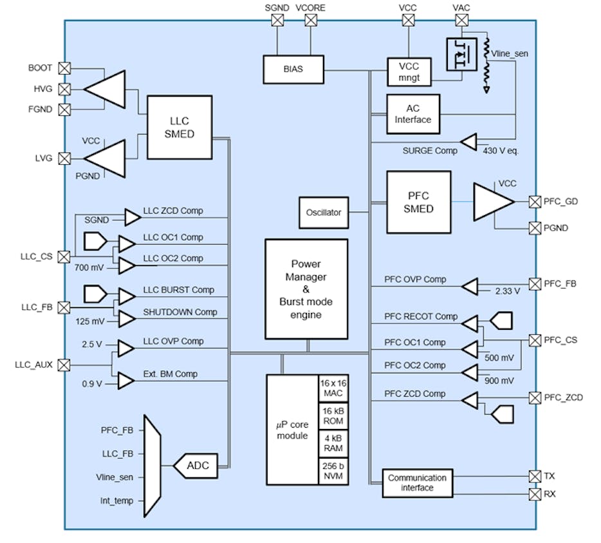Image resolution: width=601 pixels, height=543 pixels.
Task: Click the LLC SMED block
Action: click(x=180, y=128)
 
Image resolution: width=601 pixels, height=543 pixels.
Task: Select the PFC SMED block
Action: click(x=418, y=202)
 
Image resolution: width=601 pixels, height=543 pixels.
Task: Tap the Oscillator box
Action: click(x=324, y=213)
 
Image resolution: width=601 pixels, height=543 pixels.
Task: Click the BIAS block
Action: click(x=293, y=70)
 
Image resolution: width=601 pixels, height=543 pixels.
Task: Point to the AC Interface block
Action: click(x=412, y=114)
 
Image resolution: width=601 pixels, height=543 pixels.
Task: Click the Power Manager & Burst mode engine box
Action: click(x=306, y=289)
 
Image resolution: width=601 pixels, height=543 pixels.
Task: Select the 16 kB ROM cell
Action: click(x=333, y=416)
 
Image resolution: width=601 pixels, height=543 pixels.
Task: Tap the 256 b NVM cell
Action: click(x=333, y=471)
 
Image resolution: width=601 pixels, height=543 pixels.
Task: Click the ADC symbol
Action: click(x=198, y=465)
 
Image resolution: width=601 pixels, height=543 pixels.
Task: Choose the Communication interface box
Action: click(x=417, y=483)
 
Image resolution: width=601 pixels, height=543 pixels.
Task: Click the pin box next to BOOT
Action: click(x=64, y=68)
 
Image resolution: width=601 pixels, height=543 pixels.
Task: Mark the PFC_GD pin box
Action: click(x=534, y=202)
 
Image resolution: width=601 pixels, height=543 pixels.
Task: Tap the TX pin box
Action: click(x=534, y=476)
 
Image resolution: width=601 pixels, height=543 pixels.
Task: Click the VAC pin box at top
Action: click(x=460, y=21)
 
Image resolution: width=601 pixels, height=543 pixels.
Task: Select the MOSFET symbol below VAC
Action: click(x=461, y=56)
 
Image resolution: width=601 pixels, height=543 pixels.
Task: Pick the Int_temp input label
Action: click(x=117, y=500)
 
